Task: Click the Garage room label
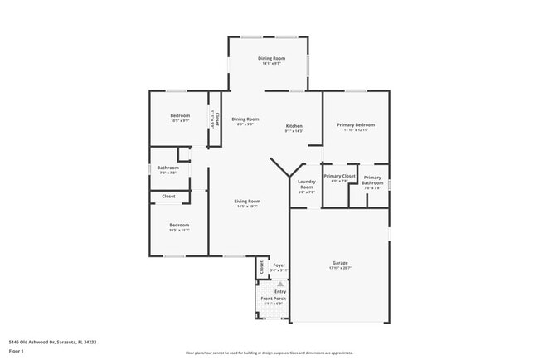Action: coord(340,263)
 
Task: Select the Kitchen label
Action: coord(294,125)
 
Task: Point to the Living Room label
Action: coord(247,202)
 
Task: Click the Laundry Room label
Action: coord(306,184)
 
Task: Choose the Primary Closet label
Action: coord(339,177)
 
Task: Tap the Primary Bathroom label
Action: coord(372,180)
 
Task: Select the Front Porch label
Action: coord(274,299)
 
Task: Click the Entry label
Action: coord(280,291)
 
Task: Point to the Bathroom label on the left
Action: coord(168,168)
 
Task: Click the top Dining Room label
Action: coord(271,58)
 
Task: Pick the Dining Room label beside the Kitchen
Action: coord(245,119)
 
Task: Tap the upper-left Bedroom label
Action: coord(180,115)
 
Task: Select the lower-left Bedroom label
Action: coord(180,225)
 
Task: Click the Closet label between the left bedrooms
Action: coord(168,197)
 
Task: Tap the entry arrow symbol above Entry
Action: coord(280,283)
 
